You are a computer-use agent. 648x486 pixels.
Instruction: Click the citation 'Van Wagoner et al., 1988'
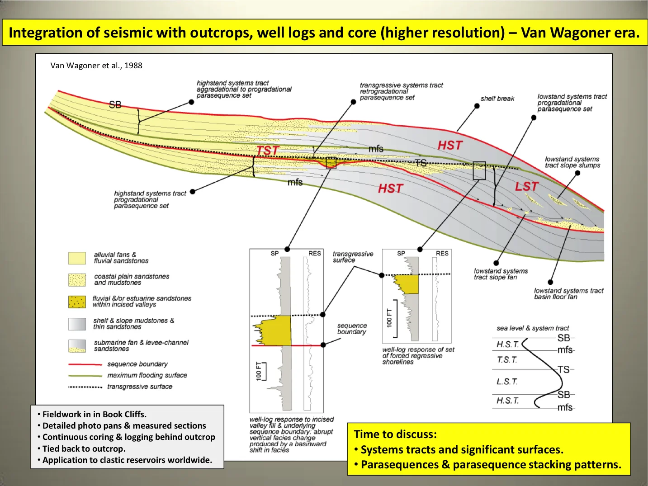click(96, 66)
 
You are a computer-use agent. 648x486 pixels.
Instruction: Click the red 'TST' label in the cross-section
click(268, 151)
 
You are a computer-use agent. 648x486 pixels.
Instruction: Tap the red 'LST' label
click(527, 186)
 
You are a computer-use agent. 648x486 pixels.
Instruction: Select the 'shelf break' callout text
click(497, 99)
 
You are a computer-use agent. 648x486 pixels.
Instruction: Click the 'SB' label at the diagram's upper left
click(115, 105)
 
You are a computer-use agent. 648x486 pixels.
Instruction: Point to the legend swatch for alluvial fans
click(77, 258)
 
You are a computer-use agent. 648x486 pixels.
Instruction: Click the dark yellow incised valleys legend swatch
click(77, 302)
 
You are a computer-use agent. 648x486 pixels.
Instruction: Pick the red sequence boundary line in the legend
click(85, 364)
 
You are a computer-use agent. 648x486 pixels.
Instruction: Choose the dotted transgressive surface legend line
click(85, 387)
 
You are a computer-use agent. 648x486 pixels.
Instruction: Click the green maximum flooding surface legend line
click(85, 376)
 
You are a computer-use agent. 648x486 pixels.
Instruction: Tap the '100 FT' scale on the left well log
click(259, 371)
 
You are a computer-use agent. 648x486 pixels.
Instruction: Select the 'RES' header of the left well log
click(314, 254)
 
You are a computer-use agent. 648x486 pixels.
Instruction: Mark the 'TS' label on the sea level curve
click(563, 370)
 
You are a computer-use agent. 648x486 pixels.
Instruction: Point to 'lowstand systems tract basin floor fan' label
click(568, 294)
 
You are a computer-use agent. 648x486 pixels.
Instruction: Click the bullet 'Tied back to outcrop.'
click(84, 449)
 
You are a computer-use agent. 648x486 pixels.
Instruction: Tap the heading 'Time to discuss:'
click(395, 434)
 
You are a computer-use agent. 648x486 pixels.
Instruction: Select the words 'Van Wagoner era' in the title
click(579, 33)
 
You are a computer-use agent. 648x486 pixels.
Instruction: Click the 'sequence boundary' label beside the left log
click(352, 329)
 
